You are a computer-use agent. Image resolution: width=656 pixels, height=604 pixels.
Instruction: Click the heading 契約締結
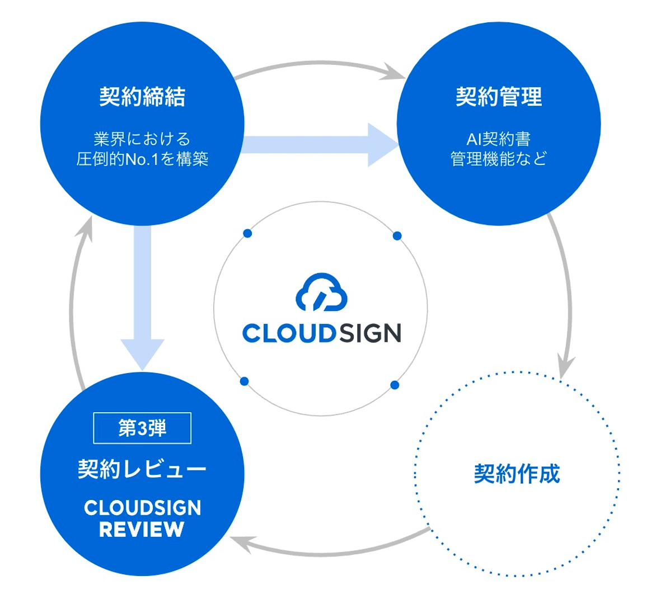point(142,97)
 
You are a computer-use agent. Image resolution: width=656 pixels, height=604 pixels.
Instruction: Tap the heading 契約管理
point(499,97)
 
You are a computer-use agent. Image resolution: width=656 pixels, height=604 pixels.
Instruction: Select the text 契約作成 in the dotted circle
point(517,474)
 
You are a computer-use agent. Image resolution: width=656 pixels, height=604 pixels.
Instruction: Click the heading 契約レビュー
point(142,469)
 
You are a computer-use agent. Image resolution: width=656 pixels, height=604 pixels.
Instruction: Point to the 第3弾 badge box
point(142,428)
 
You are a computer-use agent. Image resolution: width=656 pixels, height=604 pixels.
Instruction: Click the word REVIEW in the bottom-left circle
point(142,529)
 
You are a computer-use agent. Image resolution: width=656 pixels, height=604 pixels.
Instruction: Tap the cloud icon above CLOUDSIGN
point(321,292)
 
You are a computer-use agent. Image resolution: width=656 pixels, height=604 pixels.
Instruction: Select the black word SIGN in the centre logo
point(370,334)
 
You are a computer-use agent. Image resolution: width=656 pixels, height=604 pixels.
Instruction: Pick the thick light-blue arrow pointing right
point(319,145)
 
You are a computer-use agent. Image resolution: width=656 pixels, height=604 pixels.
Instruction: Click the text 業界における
point(142,139)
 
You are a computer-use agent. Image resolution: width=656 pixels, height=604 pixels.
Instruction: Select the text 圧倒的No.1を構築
point(142,159)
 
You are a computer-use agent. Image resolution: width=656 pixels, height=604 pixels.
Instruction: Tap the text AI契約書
point(499,139)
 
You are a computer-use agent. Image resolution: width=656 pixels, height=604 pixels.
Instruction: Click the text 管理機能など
point(499,159)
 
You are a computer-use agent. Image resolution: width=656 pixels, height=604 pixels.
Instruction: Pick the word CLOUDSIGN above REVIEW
point(142,508)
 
